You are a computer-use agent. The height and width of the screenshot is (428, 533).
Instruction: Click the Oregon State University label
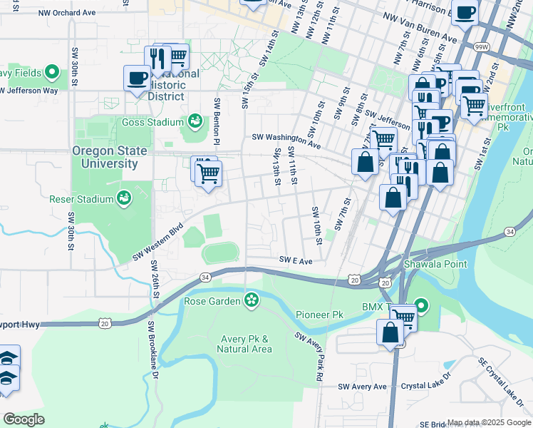click(109, 157)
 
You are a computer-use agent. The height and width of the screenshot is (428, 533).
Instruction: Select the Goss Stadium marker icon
click(194, 122)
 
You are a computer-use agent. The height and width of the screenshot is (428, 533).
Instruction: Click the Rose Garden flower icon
click(251, 300)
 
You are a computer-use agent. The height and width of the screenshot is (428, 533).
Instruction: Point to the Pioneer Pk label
click(320, 314)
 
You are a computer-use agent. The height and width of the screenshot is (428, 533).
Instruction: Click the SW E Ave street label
click(296, 261)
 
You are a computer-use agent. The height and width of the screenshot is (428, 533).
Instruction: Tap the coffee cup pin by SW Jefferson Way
click(136, 78)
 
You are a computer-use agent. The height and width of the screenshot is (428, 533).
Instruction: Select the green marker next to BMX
click(421, 307)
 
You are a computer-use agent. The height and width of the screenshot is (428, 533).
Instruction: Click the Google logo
click(24, 419)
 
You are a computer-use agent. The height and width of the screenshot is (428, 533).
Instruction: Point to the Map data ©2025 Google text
click(489, 423)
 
